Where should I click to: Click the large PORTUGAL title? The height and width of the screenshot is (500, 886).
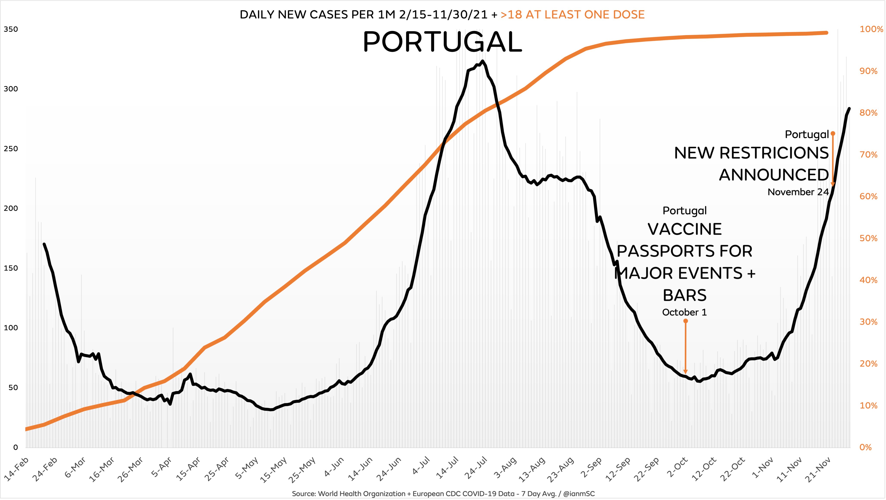tap(442, 42)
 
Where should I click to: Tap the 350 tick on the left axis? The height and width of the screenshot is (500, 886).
tap(11, 29)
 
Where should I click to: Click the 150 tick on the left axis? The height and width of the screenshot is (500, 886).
tap(11, 268)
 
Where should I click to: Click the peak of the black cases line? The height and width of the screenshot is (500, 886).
tap(483, 62)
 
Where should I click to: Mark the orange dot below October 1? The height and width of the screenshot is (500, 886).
tap(685, 321)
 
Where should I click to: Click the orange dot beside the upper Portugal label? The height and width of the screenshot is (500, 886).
tap(833, 133)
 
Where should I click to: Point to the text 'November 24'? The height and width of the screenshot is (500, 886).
tap(798, 192)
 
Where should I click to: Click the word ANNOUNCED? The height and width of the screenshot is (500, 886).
tap(774, 175)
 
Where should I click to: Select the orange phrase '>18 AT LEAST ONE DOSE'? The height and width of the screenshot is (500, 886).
tap(572, 14)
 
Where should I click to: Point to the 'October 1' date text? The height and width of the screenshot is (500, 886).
tap(684, 312)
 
